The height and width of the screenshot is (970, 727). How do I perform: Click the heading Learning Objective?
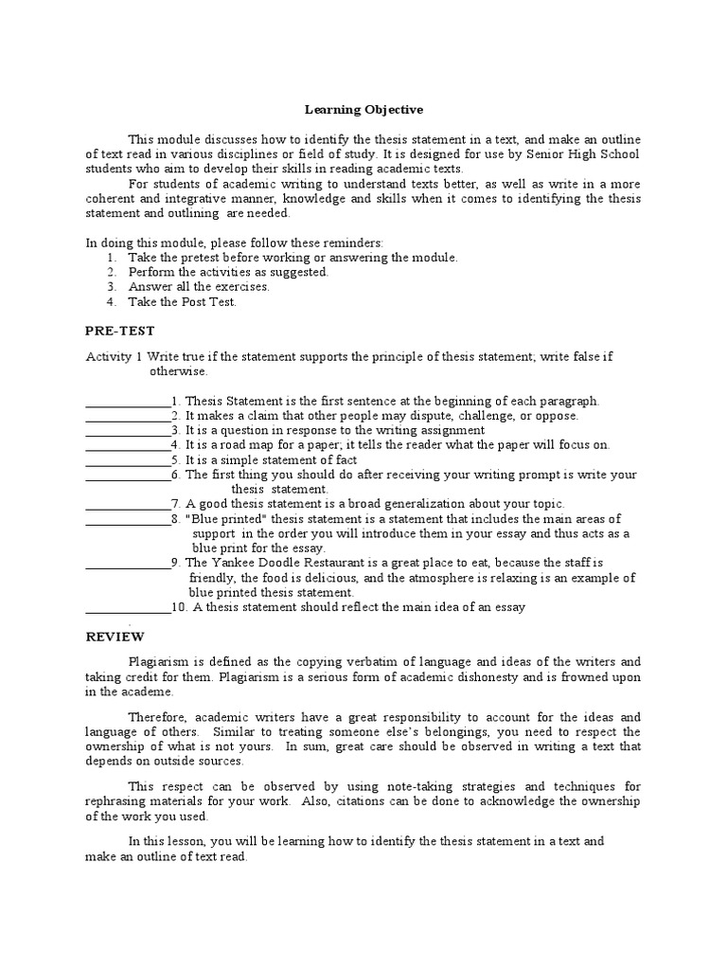click(x=363, y=110)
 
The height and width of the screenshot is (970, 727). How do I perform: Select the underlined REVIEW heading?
click(x=115, y=638)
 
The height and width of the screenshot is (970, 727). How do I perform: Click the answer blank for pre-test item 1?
click(x=128, y=402)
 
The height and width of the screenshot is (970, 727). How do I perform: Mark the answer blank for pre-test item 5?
click(x=128, y=460)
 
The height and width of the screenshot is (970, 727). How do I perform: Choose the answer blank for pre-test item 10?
click(x=128, y=607)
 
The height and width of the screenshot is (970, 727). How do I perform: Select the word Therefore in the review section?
click(x=157, y=717)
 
